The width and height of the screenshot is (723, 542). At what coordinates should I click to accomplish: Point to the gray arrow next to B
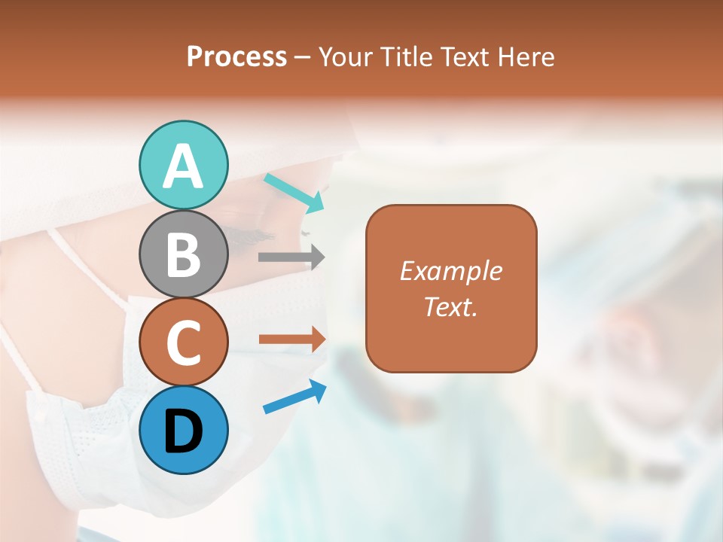tap(291, 257)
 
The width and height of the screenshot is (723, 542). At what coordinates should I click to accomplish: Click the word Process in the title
tap(236, 57)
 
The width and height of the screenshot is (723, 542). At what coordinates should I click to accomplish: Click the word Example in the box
tap(450, 271)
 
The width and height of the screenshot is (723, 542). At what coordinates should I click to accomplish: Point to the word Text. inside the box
tap(450, 306)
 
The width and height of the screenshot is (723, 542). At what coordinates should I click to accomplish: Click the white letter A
tap(183, 166)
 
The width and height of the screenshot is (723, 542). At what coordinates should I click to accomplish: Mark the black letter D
tap(183, 431)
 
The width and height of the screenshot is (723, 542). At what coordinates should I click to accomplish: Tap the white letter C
tap(183, 343)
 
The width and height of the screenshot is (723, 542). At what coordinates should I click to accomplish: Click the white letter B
tap(183, 254)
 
